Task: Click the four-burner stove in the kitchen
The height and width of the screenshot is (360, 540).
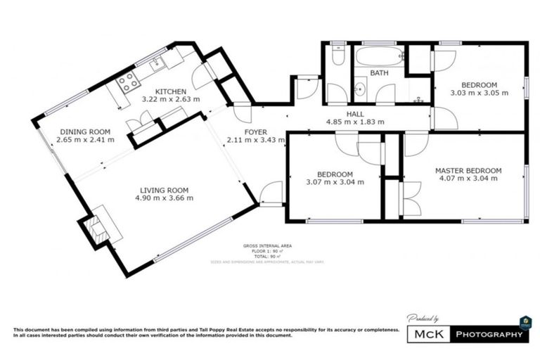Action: (128, 84)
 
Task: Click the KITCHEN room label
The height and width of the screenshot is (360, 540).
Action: (171, 91)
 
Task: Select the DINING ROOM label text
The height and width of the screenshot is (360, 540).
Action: (84, 131)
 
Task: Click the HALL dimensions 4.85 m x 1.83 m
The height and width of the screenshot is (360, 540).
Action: (355, 122)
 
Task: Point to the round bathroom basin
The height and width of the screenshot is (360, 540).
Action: (360, 89)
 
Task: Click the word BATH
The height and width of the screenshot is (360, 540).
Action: (380, 72)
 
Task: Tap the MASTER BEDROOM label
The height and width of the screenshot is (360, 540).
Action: (468, 170)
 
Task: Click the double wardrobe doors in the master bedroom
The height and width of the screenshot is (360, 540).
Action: (410, 198)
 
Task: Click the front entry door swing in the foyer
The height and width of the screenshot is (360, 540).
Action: (271, 193)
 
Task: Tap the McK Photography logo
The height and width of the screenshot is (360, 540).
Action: (468, 335)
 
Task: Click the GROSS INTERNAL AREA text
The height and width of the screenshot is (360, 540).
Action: (268, 245)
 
